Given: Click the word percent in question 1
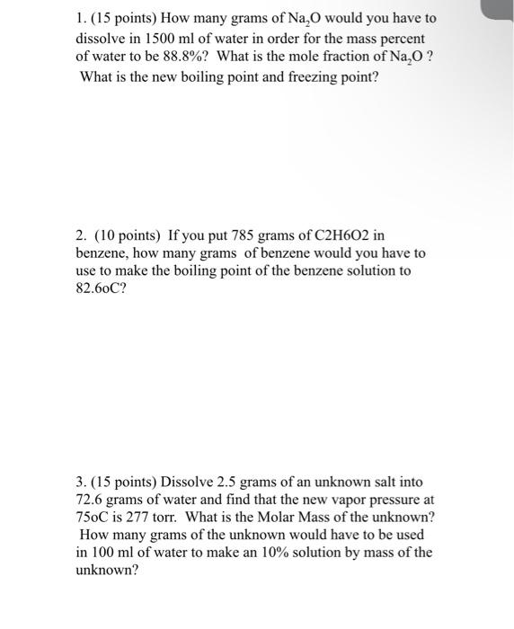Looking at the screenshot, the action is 402,40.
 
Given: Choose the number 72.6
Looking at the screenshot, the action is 90,500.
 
